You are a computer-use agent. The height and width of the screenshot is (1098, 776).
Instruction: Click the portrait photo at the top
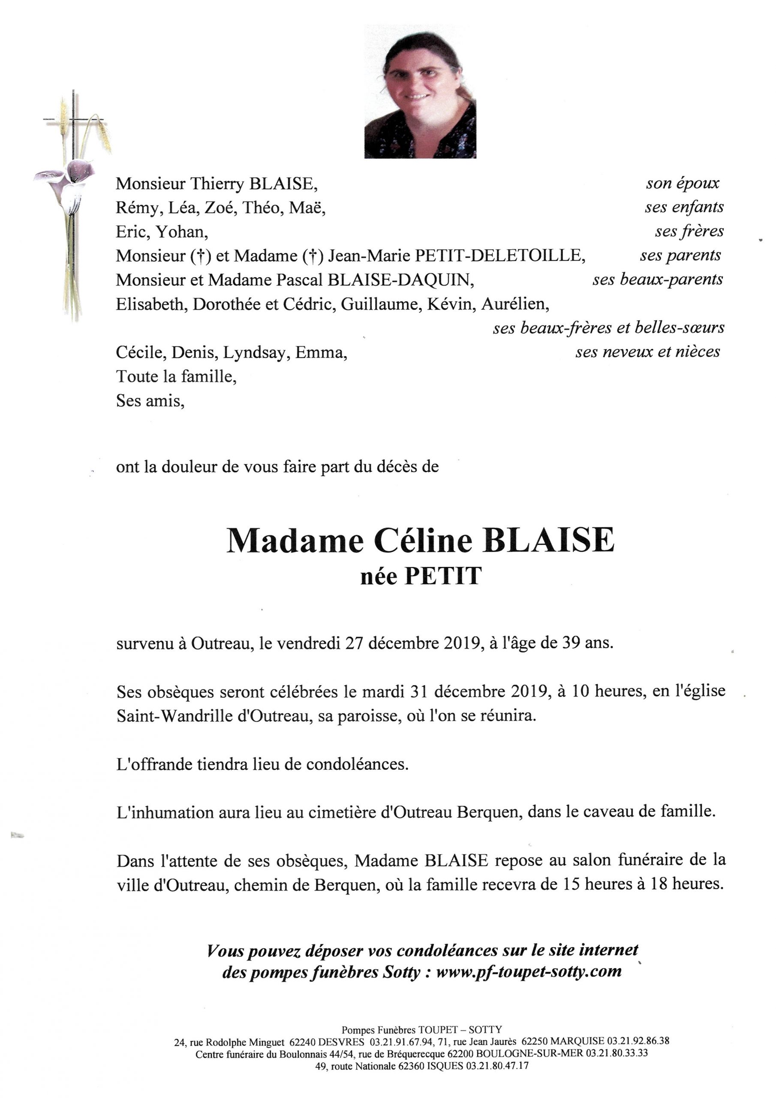420,91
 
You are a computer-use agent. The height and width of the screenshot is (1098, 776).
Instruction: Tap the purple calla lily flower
72,174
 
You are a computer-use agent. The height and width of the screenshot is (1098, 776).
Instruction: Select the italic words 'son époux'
682,183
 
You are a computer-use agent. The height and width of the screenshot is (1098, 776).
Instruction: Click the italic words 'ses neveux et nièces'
647,352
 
